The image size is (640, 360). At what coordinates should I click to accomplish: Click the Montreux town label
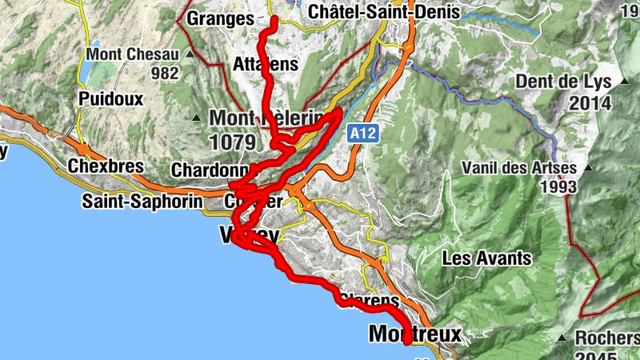415,334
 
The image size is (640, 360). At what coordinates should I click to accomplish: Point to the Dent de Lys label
563,82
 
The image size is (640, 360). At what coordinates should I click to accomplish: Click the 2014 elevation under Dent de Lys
590,102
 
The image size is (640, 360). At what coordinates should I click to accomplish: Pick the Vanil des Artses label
519,168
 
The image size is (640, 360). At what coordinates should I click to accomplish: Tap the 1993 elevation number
558,186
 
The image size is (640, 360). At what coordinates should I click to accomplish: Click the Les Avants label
486,258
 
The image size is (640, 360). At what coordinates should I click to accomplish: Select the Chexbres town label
106,166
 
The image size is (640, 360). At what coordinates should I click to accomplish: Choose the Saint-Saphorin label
142,201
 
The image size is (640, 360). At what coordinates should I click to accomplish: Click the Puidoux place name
110,99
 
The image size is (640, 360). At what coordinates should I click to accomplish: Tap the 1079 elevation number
233,142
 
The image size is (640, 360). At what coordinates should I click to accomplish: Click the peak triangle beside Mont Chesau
190,54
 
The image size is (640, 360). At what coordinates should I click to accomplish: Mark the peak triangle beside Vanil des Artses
589,168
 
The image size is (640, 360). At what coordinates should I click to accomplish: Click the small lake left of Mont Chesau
85,68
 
